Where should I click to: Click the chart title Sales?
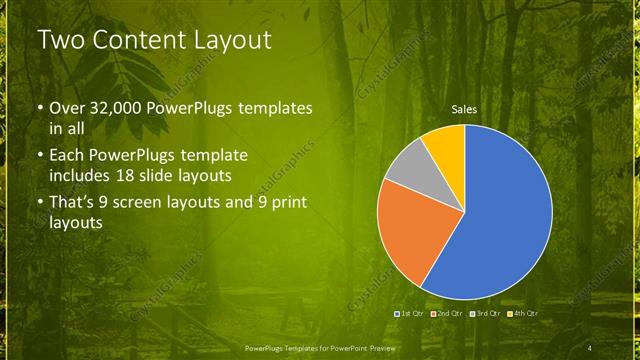pyautogui.click(x=464, y=109)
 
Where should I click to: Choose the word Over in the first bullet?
pyautogui.click(x=69, y=107)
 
